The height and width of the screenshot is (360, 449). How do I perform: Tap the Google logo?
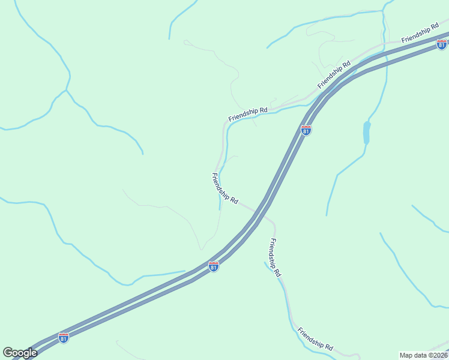(20, 353)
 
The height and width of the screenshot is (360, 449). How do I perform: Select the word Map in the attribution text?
(407, 355)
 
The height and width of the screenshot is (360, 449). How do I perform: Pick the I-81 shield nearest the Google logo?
(64, 338)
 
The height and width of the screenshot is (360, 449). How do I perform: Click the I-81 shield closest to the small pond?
(306, 130)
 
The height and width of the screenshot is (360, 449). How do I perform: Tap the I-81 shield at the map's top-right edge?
(442, 44)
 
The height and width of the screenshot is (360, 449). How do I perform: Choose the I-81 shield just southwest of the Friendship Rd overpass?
(214, 266)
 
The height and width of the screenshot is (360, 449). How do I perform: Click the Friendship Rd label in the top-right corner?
(421, 34)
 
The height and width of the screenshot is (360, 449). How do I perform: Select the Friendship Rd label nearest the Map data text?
(315, 339)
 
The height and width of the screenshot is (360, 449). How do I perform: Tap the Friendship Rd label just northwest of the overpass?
(225, 188)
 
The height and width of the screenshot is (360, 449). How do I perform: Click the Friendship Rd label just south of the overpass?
(275, 257)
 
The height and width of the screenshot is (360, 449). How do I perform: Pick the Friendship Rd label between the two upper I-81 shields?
(334, 74)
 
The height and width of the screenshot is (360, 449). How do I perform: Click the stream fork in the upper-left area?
(66, 91)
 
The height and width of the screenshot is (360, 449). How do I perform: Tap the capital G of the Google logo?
(8, 353)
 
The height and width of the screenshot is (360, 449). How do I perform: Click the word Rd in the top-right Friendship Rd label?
(435, 28)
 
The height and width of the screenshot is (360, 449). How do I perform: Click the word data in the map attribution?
(419, 355)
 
